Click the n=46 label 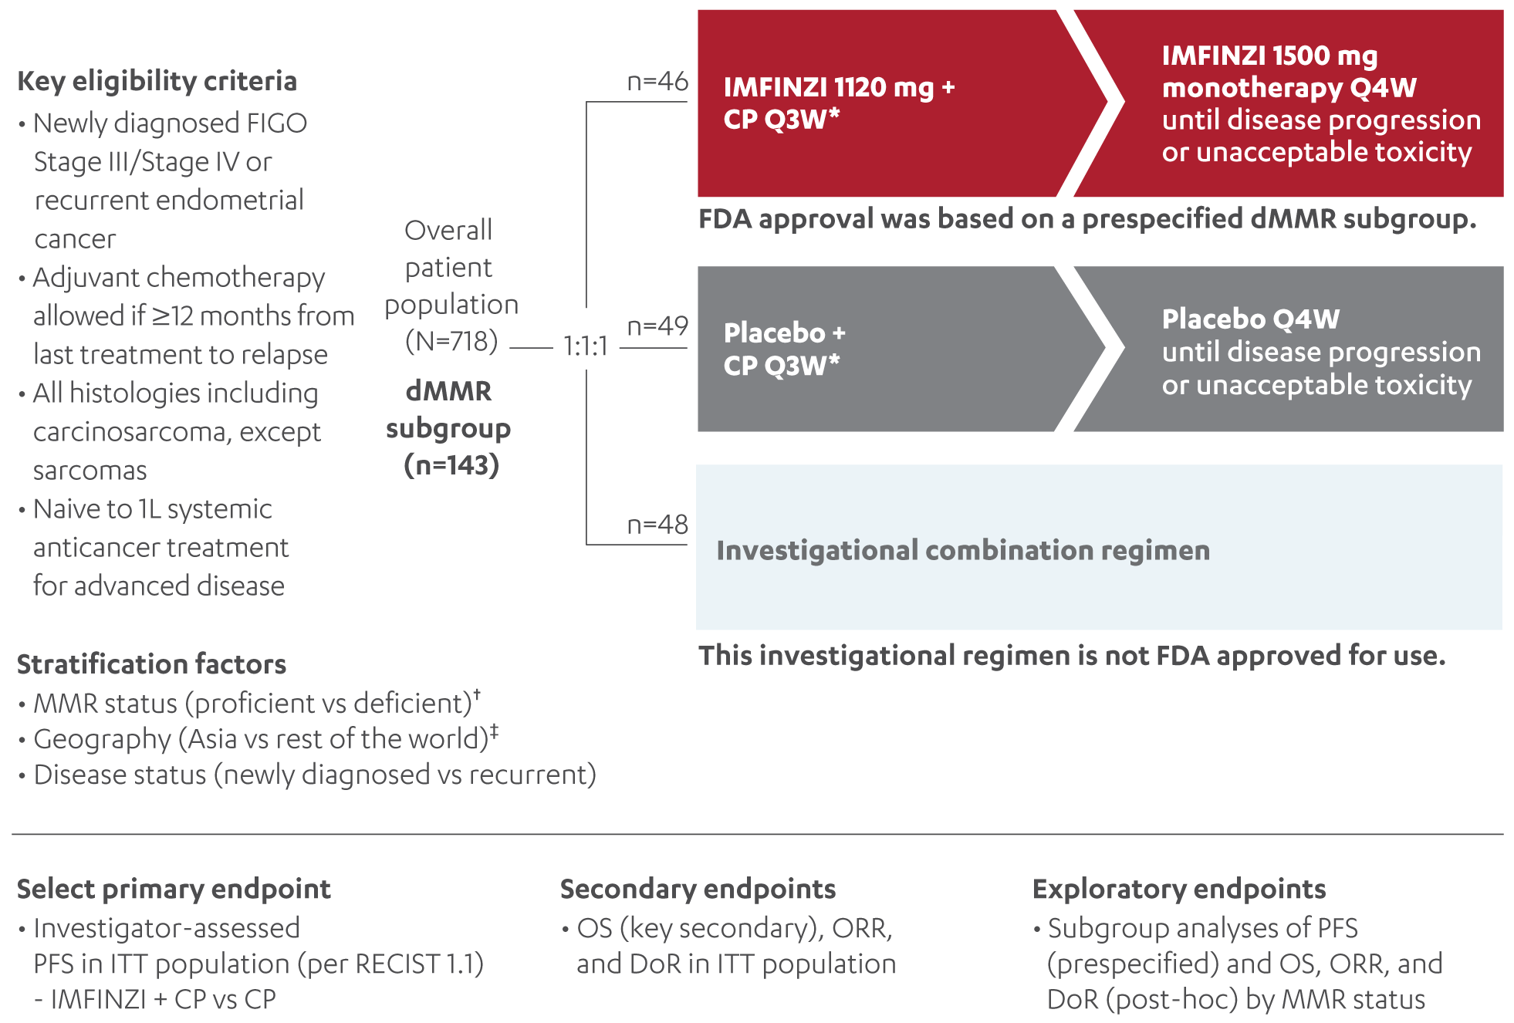[657, 81]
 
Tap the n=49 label [657, 326]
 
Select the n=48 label [657, 525]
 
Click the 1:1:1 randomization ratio [585, 346]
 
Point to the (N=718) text [451, 341]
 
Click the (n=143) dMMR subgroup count [451, 465]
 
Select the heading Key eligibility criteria [157, 81]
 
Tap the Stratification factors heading [151, 664]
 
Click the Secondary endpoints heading [698, 889]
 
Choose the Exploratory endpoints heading [1179, 889]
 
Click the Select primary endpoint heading [174, 889]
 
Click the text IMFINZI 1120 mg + [839, 87]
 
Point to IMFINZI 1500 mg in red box [1269, 56]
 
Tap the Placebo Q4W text [1250, 319]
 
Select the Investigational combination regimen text [962, 550]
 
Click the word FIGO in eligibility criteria [276, 123]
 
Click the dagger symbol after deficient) [477, 694]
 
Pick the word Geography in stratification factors [102, 739]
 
